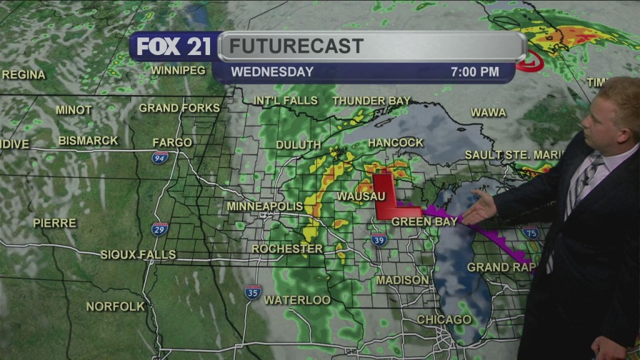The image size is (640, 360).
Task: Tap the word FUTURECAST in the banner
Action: pyautogui.click(x=296, y=46)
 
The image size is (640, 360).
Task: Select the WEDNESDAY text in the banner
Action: pyautogui.click(x=272, y=72)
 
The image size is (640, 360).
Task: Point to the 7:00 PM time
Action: pyautogui.click(x=474, y=72)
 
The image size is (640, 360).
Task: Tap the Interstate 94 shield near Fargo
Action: pyautogui.click(x=160, y=157)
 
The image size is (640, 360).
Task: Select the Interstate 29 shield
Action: pyautogui.click(x=159, y=229)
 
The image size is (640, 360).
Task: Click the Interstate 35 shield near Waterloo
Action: pyautogui.click(x=252, y=292)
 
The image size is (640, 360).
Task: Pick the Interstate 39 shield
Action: pyautogui.click(x=379, y=239)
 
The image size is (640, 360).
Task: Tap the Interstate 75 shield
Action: pyautogui.click(x=531, y=233)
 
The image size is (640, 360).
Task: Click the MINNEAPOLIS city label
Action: pyautogui.click(x=265, y=206)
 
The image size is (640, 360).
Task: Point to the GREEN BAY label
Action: pyautogui.click(x=416, y=222)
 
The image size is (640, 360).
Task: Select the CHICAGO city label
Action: pyautogui.click(x=444, y=320)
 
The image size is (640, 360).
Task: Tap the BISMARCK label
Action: pyautogui.click(x=87, y=141)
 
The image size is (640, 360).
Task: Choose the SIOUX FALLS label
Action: pyautogui.click(x=138, y=254)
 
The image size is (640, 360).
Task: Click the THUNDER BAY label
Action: pyautogui.click(x=371, y=101)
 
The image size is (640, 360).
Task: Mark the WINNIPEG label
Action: pyautogui.click(x=177, y=70)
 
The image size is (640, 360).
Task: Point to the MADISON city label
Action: pyautogui.click(x=402, y=281)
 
